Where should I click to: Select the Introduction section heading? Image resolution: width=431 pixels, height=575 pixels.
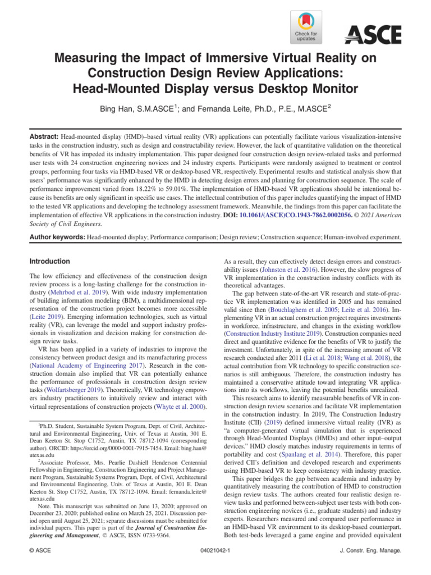pyautogui.click(x=49, y=261)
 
